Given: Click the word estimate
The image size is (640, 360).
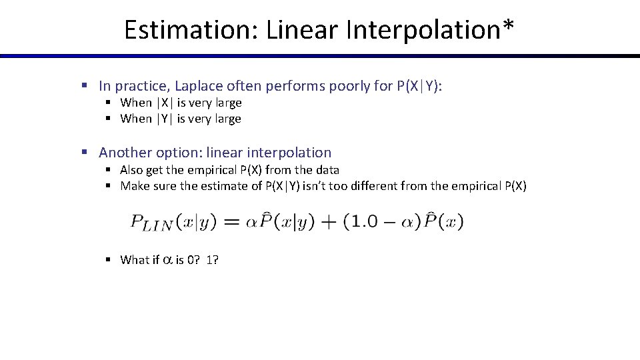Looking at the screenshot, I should [229, 186].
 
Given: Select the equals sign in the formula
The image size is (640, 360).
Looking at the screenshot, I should [231, 222].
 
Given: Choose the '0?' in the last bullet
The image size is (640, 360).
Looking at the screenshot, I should [193, 260].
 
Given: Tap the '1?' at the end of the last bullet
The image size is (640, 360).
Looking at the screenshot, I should [213, 260].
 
